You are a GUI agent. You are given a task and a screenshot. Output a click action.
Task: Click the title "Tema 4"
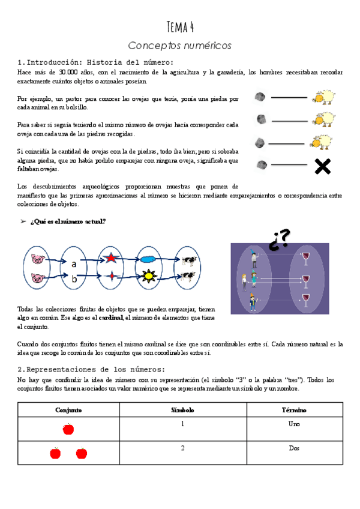(x=180, y=27)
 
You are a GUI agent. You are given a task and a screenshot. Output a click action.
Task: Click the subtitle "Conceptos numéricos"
(x=180, y=46)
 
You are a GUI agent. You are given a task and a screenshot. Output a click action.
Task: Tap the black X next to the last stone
(x=323, y=166)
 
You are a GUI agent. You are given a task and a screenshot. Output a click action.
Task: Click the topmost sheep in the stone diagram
(x=323, y=97)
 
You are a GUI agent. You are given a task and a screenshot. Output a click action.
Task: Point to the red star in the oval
(x=111, y=259)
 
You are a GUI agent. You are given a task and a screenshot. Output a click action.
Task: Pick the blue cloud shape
(x=148, y=259)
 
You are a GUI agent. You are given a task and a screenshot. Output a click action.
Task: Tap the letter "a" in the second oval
(x=74, y=264)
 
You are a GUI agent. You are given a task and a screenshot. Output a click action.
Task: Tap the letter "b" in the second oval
(x=74, y=279)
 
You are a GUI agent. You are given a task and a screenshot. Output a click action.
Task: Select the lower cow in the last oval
(x=188, y=277)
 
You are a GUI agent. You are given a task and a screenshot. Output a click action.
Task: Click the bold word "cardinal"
(x=110, y=318)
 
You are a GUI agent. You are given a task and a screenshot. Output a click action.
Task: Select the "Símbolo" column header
(x=182, y=409)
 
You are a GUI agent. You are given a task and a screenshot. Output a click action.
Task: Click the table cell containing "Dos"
(x=294, y=448)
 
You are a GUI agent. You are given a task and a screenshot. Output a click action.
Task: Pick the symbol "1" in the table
(x=182, y=424)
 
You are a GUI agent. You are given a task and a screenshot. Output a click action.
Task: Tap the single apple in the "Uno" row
(x=68, y=429)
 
